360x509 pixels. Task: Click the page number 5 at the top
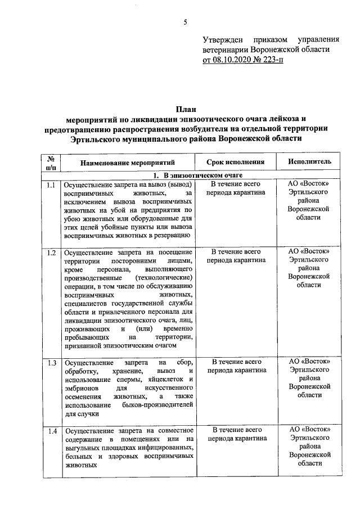tap(185, 22)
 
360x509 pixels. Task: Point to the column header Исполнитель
tap(309, 162)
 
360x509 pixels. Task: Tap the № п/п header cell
tap(52, 162)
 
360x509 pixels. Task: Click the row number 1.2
tap(52, 252)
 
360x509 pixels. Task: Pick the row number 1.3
tap(52, 362)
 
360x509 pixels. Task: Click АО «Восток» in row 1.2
tap(309, 252)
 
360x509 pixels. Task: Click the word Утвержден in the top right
tap(222, 39)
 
